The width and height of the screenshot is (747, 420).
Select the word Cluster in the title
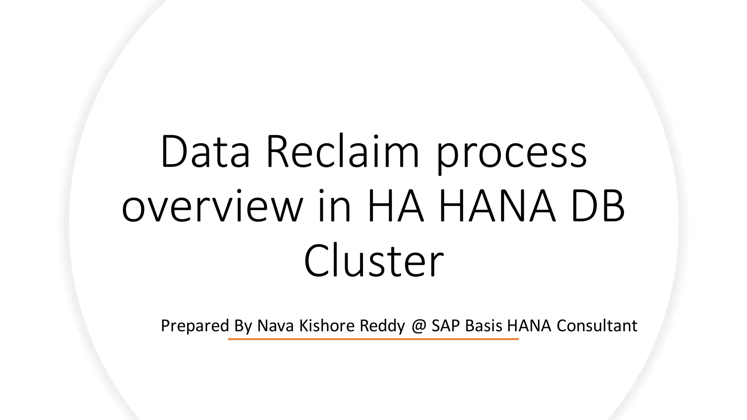tap(374, 261)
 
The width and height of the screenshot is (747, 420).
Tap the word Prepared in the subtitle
tap(195, 326)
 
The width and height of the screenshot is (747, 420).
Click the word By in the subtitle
tap(243, 326)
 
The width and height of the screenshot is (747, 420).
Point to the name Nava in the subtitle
tap(275, 326)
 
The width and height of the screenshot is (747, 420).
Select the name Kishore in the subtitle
tap(327, 326)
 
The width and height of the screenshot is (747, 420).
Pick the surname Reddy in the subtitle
tap(382, 326)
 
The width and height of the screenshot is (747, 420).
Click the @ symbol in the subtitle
tap(419, 326)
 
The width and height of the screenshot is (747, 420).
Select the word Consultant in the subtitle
tap(597, 326)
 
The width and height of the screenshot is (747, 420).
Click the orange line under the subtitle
tap(373, 339)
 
